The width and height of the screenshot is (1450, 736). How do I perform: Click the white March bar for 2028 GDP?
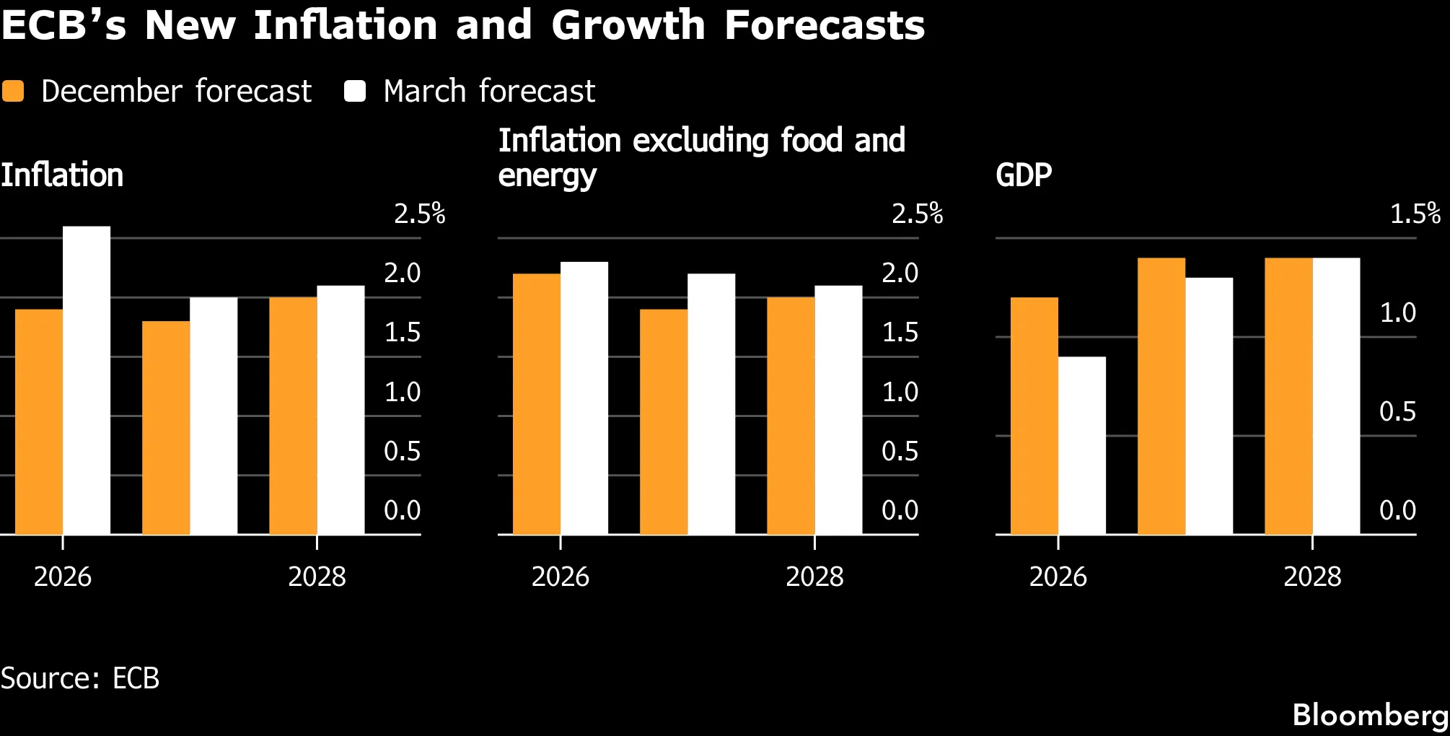(x=1336, y=396)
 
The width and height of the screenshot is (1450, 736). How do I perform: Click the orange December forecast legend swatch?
(x=13, y=92)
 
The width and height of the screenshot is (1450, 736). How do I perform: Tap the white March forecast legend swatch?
(x=355, y=92)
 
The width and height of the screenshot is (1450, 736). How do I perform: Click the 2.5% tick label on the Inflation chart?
(x=419, y=214)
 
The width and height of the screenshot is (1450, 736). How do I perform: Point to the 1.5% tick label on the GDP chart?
(x=1415, y=214)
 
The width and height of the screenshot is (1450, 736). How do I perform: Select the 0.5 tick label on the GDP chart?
(x=1397, y=411)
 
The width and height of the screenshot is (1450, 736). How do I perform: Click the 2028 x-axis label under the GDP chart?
(x=1312, y=577)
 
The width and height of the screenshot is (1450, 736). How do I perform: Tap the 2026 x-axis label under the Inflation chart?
(x=63, y=577)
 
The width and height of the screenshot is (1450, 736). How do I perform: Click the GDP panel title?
(x=1024, y=175)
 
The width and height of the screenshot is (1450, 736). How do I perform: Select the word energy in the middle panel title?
(x=548, y=176)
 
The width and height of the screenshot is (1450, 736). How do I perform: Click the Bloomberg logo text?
(x=1370, y=715)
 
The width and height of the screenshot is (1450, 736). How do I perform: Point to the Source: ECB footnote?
(x=79, y=678)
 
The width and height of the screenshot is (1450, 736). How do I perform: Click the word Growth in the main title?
(x=628, y=25)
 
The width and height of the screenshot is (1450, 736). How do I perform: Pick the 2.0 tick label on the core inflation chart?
(x=900, y=273)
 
